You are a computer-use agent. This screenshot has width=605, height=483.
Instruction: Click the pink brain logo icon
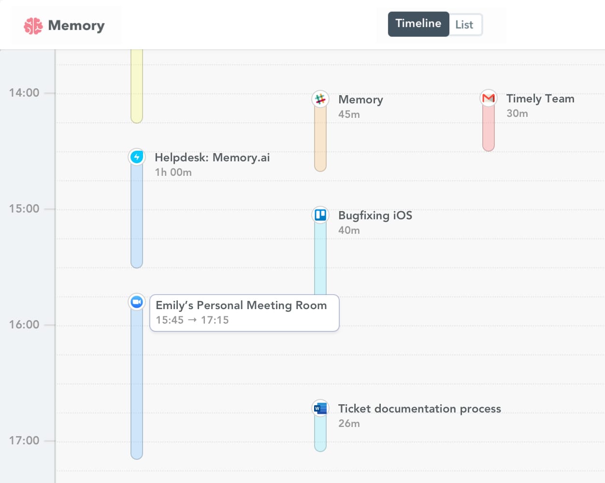pyautogui.click(x=33, y=26)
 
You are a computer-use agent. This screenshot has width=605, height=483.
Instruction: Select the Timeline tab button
pyautogui.click(x=418, y=24)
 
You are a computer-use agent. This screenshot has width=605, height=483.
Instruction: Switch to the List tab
pyautogui.click(x=464, y=25)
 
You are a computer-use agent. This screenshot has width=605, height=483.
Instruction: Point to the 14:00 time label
pyautogui.click(x=24, y=93)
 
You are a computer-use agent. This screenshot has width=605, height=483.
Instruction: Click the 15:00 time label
pyautogui.click(x=24, y=209)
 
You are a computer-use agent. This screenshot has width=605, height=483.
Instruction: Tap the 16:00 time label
pyautogui.click(x=24, y=325)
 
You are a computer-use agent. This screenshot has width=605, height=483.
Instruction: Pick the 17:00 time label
pyautogui.click(x=24, y=440)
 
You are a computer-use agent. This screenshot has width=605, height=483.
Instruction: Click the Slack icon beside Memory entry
pyautogui.click(x=320, y=99)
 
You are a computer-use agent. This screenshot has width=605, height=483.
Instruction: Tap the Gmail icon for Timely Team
pyautogui.click(x=489, y=98)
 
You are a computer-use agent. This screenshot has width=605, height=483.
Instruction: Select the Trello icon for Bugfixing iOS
pyautogui.click(x=320, y=215)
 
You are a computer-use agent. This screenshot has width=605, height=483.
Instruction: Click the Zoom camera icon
pyautogui.click(x=137, y=302)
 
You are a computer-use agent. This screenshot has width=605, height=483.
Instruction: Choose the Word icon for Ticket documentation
pyautogui.click(x=320, y=409)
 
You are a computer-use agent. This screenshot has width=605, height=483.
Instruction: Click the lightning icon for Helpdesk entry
pyautogui.click(x=137, y=157)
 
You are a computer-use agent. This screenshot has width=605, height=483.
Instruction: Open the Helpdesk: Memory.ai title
pyautogui.click(x=212, y=157)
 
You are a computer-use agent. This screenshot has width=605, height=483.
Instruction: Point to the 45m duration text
pyautogui.click(x=349, y=114)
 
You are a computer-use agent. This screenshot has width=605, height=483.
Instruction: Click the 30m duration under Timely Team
pyautogui.click(x=517, y=114)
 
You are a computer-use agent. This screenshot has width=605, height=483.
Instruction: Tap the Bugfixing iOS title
pyautogui.click(x=375, y=215)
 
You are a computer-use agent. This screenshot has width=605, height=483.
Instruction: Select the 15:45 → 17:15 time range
pyautogui.click(x=192, y=320)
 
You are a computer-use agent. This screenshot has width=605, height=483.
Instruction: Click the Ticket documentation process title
pyautogui.click(x=419, y=409)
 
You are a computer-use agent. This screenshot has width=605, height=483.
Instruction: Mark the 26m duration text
pyautogui.click(x=349, y=424)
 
